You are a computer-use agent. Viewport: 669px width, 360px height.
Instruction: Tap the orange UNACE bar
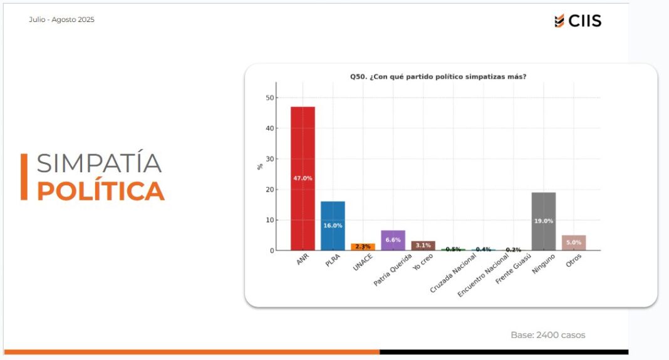click(x=363, y=247)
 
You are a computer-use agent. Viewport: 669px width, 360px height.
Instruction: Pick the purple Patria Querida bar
click(x=393, y=240)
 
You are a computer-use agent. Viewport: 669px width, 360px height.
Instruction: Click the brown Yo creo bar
click(x=423, y=245)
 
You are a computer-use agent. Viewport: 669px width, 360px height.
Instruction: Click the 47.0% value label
click(x=303, y=178)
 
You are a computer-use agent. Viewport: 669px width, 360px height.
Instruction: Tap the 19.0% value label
click(x=543, y=221)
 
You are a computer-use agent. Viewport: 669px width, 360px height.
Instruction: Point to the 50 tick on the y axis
click(x=270, y=98)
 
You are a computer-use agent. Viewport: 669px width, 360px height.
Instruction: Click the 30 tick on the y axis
click(x=270, y=159)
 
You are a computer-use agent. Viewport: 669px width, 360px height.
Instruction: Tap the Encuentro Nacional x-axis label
click(x=479, y=276)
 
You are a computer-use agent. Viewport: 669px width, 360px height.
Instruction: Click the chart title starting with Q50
click(x=438, y=77)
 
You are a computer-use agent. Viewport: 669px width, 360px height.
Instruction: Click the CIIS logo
click(x=578, y=21)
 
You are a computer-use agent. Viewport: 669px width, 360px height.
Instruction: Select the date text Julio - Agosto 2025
click(x=61, y=19)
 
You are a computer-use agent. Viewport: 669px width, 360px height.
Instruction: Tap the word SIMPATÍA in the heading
click(x=99, y=163)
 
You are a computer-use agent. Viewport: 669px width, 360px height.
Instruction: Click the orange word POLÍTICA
click(x=100, y=191)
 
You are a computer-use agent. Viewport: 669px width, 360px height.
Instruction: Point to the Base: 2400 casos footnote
click(x=547, y=335)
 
